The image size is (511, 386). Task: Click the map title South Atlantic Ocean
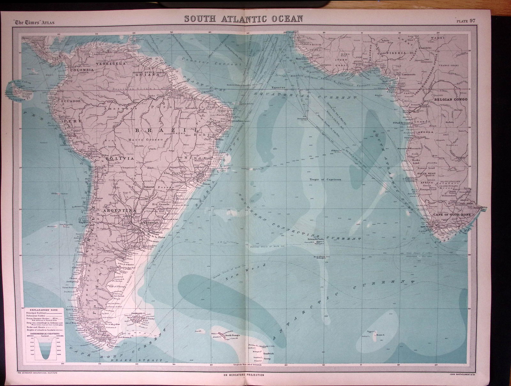click(244, 19)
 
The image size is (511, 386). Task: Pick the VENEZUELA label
click(113, 64)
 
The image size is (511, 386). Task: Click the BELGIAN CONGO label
click(451, 99)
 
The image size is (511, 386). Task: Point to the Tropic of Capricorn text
click(325, 180)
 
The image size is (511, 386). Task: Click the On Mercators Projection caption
click(243, 375)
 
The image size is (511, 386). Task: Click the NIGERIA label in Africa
click(396, 53)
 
